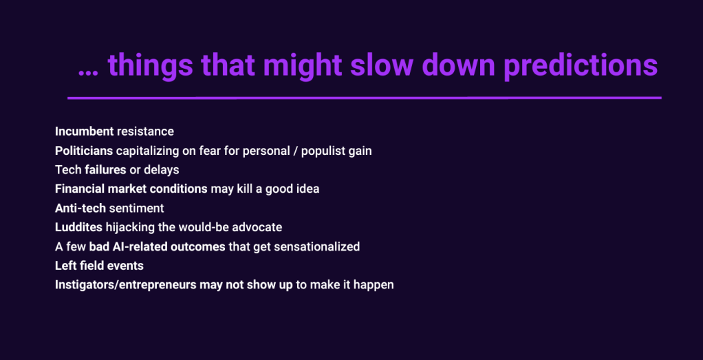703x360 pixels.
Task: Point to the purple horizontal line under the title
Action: click(365, 98)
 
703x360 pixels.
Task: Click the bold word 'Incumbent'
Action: click(85, 131)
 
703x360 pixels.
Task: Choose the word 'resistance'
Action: click(145, 131)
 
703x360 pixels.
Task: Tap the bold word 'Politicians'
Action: click(84, 151)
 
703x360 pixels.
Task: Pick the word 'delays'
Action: click(164, 170)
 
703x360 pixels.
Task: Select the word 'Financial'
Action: click(80, 189)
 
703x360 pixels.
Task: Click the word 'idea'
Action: click(308, 189)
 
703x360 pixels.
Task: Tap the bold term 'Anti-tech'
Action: click(80, 209)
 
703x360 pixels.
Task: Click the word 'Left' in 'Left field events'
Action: click(64, 266)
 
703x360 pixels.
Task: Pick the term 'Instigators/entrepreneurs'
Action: click(125, 285)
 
